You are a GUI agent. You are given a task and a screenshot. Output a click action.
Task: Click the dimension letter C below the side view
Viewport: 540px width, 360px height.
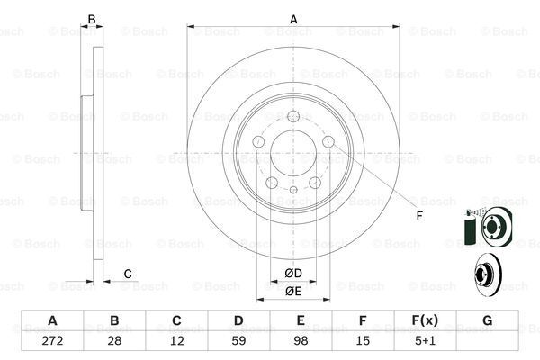tap(128, 274)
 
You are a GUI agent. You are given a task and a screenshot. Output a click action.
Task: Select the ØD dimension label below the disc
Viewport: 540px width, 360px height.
tap(293, 273)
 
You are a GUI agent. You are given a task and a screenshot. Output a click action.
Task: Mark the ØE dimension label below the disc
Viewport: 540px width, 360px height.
tap(293, 291)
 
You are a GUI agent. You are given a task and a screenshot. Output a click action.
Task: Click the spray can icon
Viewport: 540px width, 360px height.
tap(468, 231)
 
